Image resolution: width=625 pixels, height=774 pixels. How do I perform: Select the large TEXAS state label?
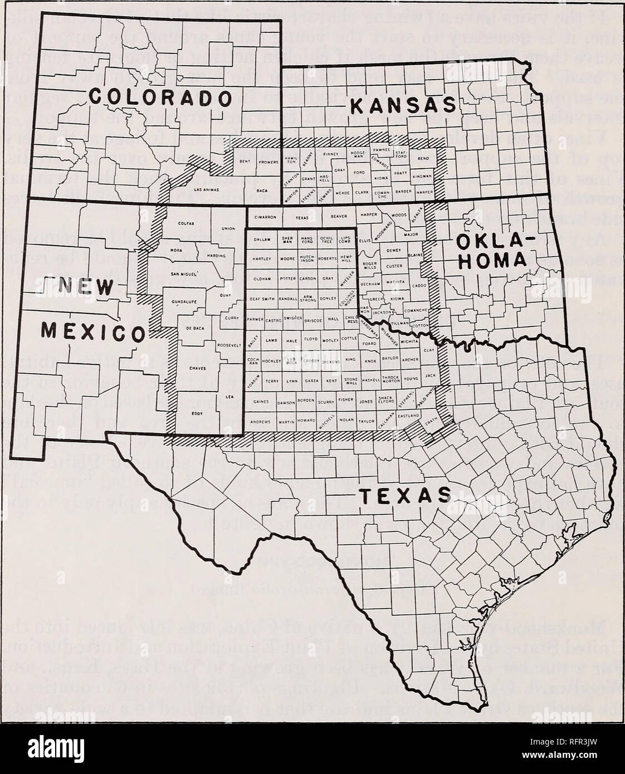(x=404, y=493)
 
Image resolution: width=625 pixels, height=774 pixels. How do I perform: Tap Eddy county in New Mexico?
(x=199, y=413)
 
